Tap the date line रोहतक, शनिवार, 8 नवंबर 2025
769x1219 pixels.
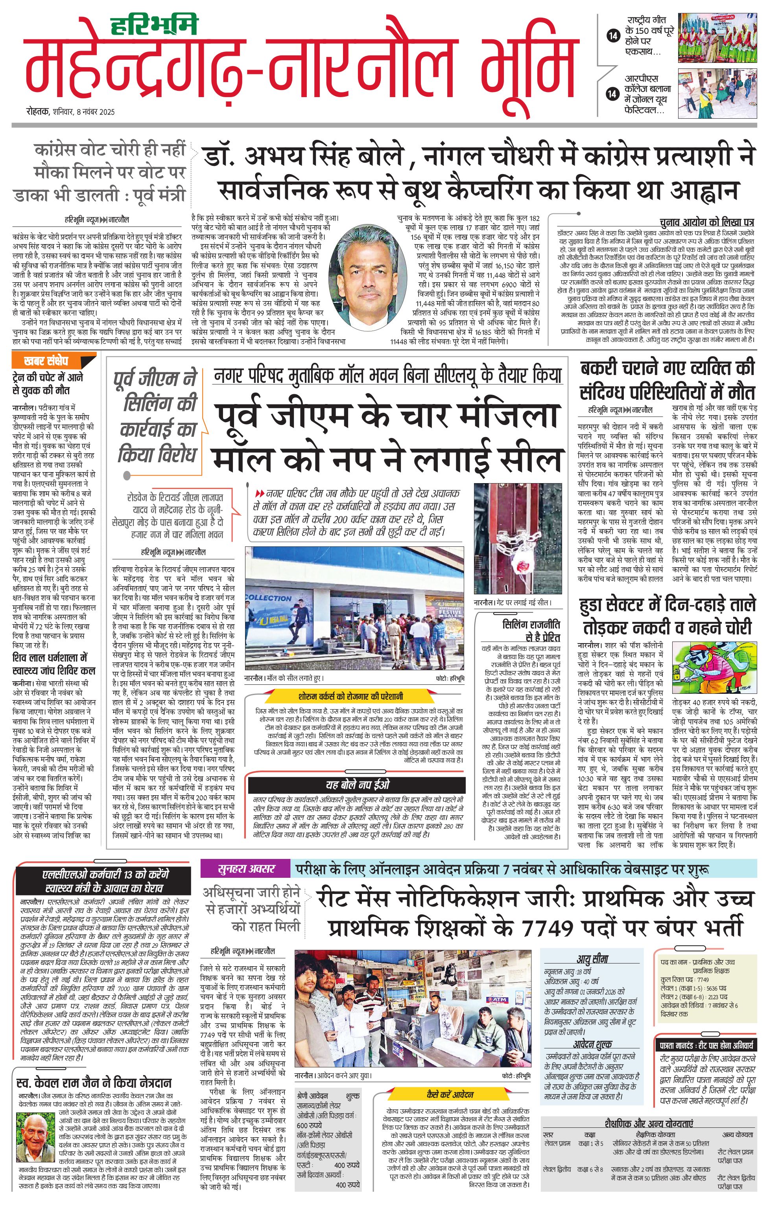click(71, 112)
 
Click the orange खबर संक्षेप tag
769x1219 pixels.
click(46, 361)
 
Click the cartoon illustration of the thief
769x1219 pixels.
click(714, 668)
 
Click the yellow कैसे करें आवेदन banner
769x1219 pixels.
click(450, 1094)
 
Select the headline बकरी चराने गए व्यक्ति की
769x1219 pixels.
click(668, 367)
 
